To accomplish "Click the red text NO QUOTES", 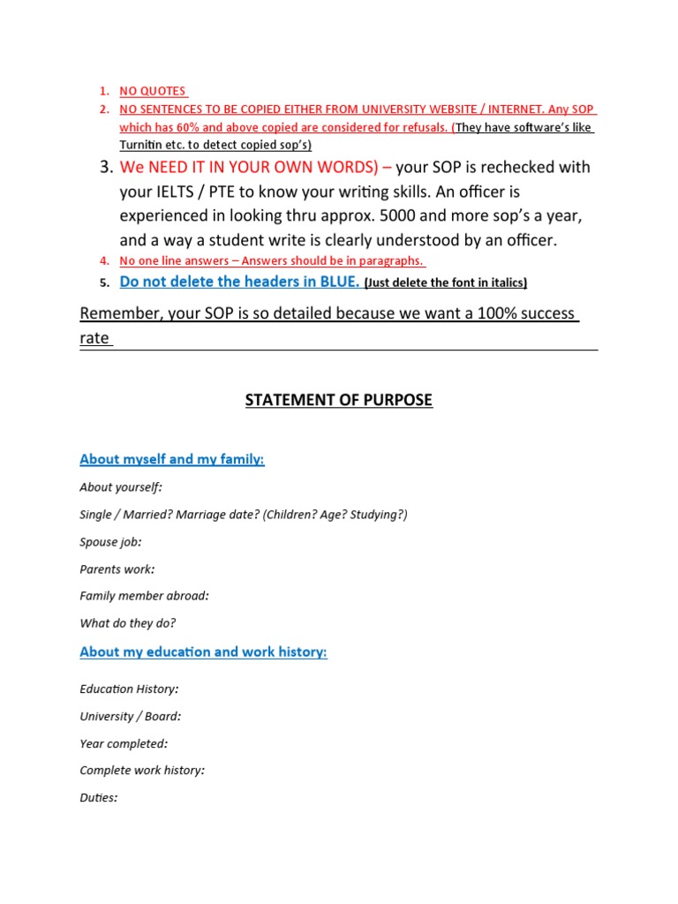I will pyautogui.click(x=153, y=91).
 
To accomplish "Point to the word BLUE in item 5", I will pyautogui.click(x=338, y=282).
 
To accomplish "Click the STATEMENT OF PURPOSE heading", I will pyautogui.click(x=338, y=400).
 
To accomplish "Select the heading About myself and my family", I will pyautogui.click(x=172, y=459).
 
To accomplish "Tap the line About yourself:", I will pyautogui.click(x=121, y=487).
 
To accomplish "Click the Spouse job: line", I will pyautogui.click(x=110, y=542).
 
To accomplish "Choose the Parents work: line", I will pyautogui.click(x=117, y=569).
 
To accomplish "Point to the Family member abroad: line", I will pyautogui.click(x=144, y=596).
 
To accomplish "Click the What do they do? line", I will pyautogui.click(x=127, y=623).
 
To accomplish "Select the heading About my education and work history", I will pyautogui.click(x=203, y=652).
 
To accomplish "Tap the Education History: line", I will pyautogui.click(x=129, y=689).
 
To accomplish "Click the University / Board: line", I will pyautogui.click(x=130, y=716).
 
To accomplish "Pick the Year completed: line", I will pyautogui.click(x=124, y=743).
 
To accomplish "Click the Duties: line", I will pyautogui.click(x=98, y=798).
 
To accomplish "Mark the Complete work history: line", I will pyautogui.click(x=142, y=771).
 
